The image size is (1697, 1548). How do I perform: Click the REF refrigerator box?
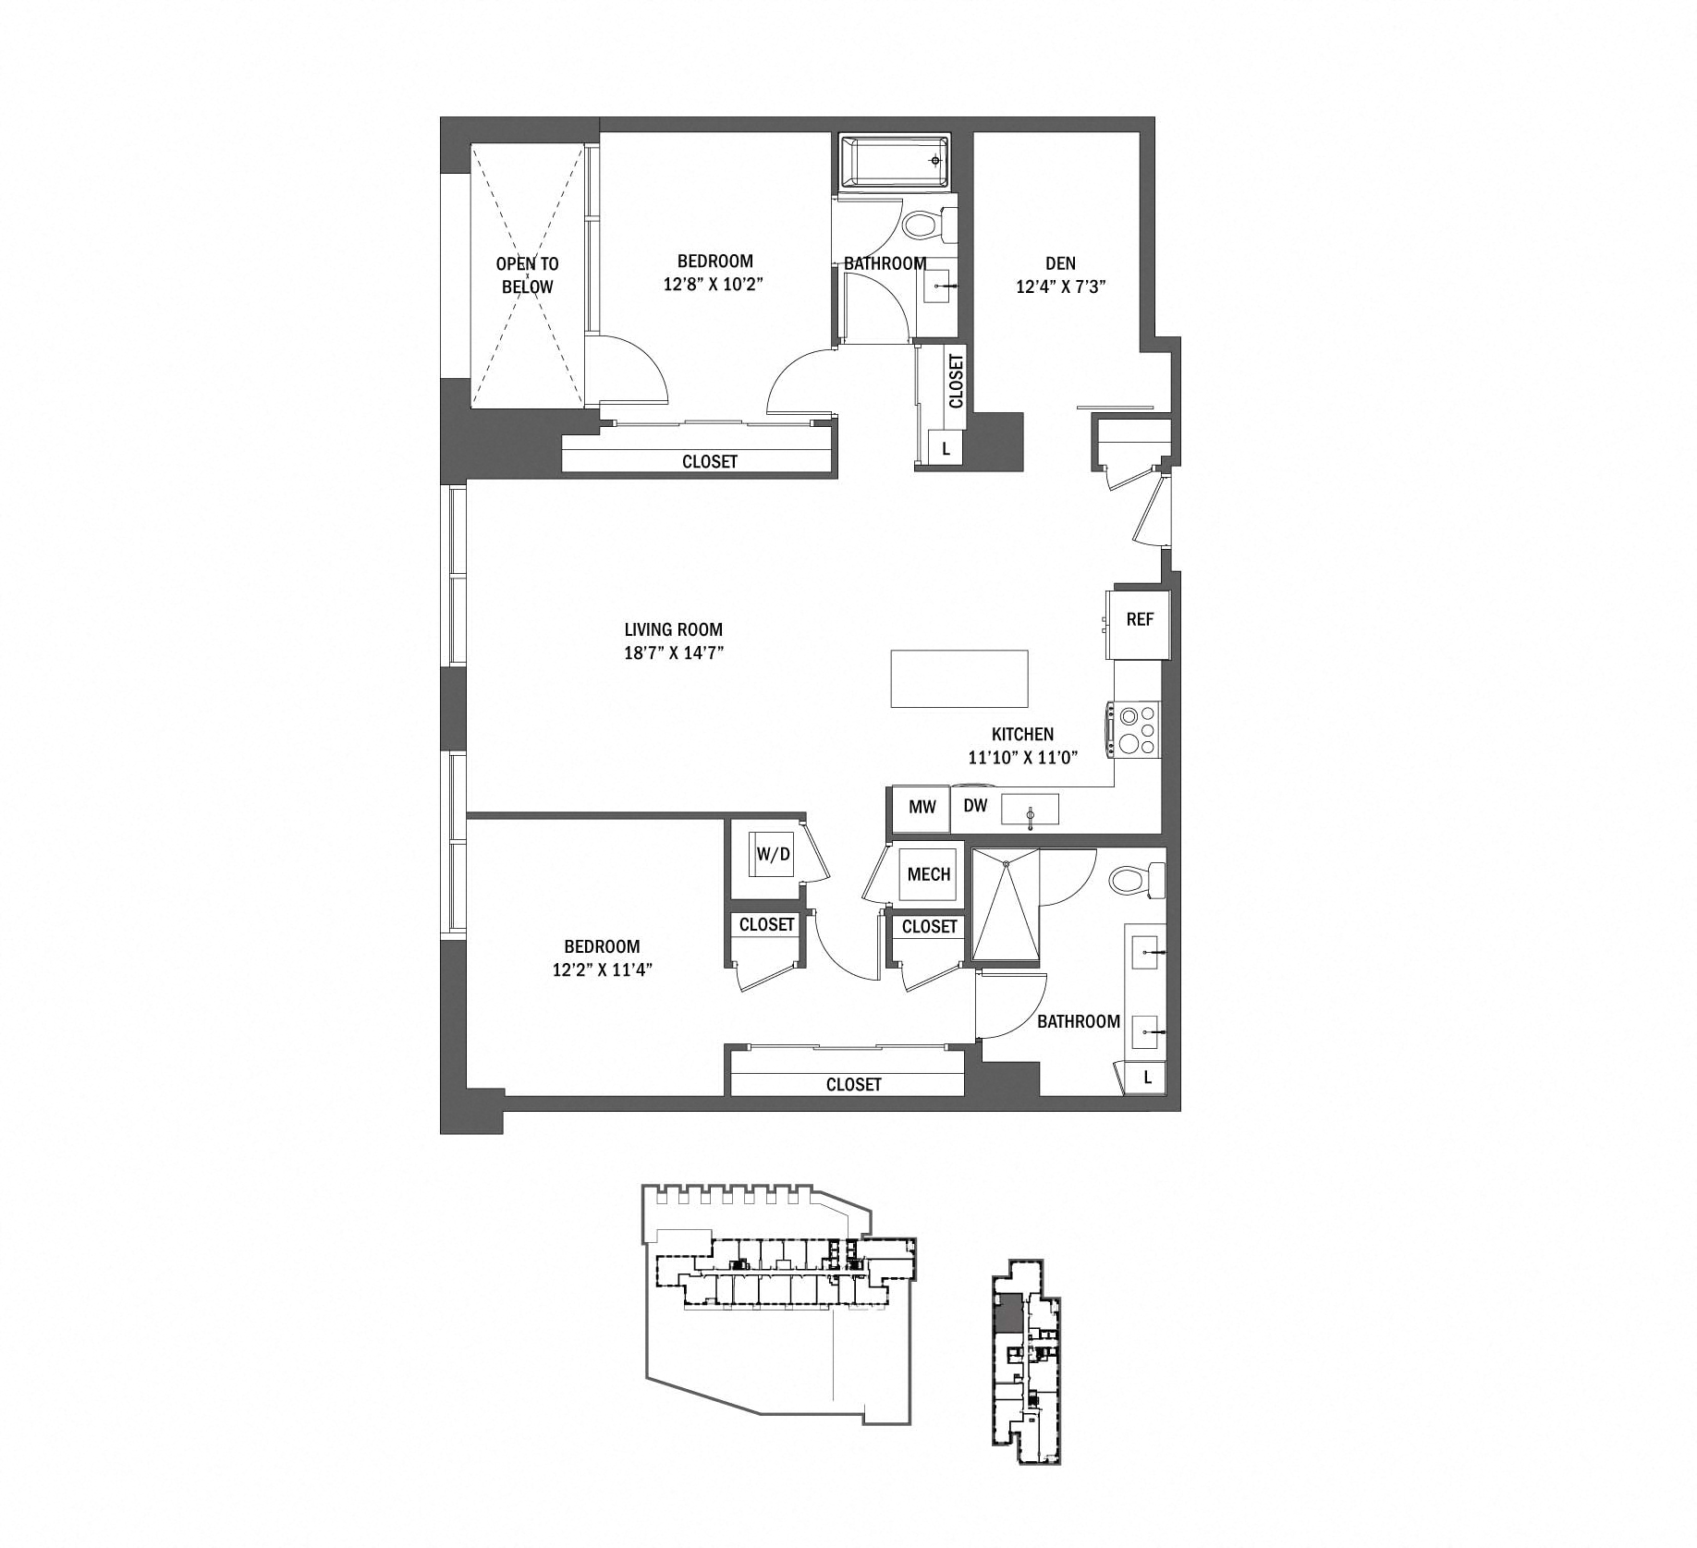[x=1140, y=620]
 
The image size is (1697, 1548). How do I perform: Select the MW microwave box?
[x=922, y=807]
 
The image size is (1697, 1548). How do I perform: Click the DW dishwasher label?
[x=975, y=806]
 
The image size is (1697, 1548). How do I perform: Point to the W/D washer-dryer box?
[x=774, y=854]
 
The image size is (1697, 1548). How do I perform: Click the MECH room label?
[x=929, y=874]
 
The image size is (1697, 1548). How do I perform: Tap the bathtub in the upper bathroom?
[x=895, y=162]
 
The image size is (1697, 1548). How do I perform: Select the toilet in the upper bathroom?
[x=925, y=224]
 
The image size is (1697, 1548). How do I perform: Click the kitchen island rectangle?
[x=959, y=678]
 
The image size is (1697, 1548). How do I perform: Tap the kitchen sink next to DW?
[x=1031, y=811]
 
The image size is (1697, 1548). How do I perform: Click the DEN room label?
[x=1060, y=263]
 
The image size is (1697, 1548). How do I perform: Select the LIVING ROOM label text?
[x=673, y=630]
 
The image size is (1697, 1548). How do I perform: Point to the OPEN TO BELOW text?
[x=527, y=275]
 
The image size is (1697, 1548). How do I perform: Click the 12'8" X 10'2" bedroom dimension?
[x=714, y=285]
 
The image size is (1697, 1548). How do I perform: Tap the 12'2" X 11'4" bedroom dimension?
[x=602, y=969]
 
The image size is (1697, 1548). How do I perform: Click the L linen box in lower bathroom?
[x=1147, y=1077]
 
